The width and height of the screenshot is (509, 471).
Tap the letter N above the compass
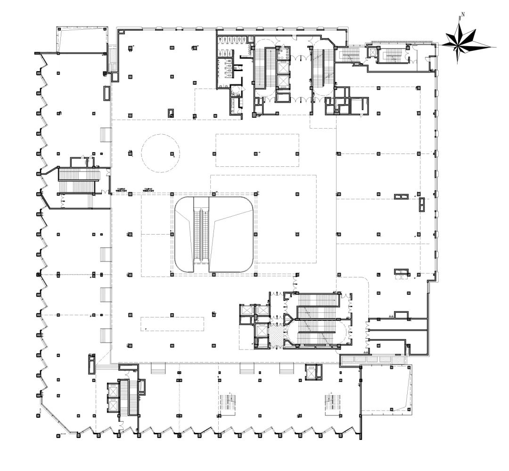pyautogui.click(x=463, y=14)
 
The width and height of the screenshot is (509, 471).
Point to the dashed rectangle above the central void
pyautogui.click(x=257, y=150)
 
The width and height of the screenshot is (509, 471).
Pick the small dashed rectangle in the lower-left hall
pyautogui.click(x=172, y=324)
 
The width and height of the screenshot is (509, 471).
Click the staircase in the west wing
pyautogui.click(x=79, y=180)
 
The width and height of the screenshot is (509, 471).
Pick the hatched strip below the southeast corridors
pyautogui.click(x=372, y=359)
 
